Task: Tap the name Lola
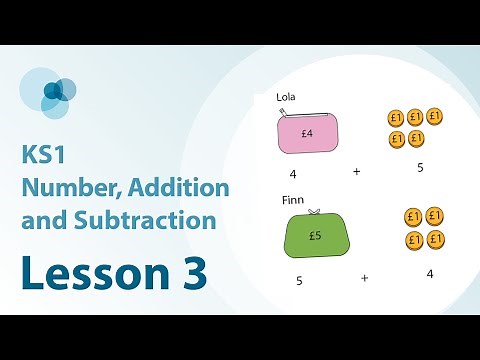[288, 98]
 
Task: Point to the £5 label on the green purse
[314, 237]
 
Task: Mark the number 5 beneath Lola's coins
[420, 167]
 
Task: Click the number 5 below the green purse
[299, 281]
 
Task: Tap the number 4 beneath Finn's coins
[430, 273]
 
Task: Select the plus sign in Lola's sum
[356, 172]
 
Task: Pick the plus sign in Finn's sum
[364, 279]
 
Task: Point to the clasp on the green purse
[314, 211]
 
